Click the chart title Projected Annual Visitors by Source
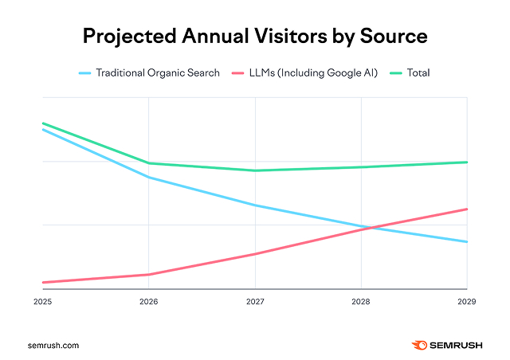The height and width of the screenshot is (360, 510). [255, 37]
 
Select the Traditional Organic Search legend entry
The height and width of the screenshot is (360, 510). [149, 73]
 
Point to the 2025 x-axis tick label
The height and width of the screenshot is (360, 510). [43, 303]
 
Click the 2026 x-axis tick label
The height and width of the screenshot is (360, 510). [149, 303]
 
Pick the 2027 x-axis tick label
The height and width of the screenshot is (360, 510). [255, 303]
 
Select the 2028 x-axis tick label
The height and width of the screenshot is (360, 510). [361, 303]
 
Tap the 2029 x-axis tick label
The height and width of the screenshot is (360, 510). [467, 303]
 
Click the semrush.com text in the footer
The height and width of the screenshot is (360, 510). [53, 346]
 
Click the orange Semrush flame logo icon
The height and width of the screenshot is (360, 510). [419, 345]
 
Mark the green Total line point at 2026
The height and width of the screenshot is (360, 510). [149, 163]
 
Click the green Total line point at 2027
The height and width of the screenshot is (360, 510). [255, 170]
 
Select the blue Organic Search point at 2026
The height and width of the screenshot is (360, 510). [149, 178]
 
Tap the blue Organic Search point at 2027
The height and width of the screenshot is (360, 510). [255, 205]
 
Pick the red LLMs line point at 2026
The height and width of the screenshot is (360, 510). [149, 275]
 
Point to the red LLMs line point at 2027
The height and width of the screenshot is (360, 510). [255, 254]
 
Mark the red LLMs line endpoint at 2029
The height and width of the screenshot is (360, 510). [467, 209]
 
